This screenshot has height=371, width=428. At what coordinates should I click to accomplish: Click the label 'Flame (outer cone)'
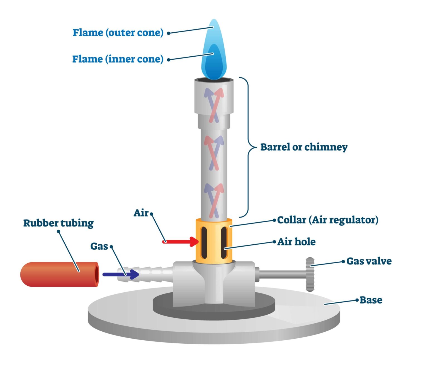[x=118, y=33]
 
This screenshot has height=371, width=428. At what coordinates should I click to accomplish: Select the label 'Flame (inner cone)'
[x=118, y=59]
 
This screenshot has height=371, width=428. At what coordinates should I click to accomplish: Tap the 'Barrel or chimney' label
[x=304, y=147]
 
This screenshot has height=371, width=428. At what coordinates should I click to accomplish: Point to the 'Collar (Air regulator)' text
[x=328, y=220]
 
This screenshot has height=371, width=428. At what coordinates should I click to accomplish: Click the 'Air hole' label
[x=296, y=242]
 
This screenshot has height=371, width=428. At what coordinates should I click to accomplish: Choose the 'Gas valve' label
[x=369, y=261]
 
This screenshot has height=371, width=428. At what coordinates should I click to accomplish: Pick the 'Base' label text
[x=371, y=300]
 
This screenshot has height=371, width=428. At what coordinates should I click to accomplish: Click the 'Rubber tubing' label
[x=59, y=223]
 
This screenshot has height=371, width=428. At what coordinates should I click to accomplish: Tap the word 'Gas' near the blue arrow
[x=99, y=246]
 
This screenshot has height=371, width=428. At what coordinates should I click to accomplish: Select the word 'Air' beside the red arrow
[x=141, y=213]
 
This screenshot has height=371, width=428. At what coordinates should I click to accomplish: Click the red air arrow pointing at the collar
[x=181, y=242]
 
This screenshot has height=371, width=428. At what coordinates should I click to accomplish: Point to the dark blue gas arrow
[x=121, y=274]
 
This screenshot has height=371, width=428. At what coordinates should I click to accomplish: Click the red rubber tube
[x=60, y=274]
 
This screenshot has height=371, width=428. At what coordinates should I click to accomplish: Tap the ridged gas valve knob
[x=310, y=274]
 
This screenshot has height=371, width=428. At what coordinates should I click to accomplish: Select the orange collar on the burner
[x=214, y=241]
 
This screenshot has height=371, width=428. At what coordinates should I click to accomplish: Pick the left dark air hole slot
[x=204, y=243]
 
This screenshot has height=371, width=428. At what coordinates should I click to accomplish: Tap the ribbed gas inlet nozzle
[x=145, y=274]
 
